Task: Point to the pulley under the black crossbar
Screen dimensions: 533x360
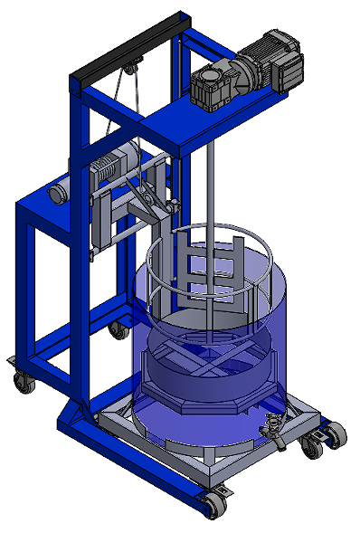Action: point(133,66)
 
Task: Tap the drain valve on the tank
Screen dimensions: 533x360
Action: point(273,425)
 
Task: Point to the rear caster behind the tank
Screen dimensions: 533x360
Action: point(118,329)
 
